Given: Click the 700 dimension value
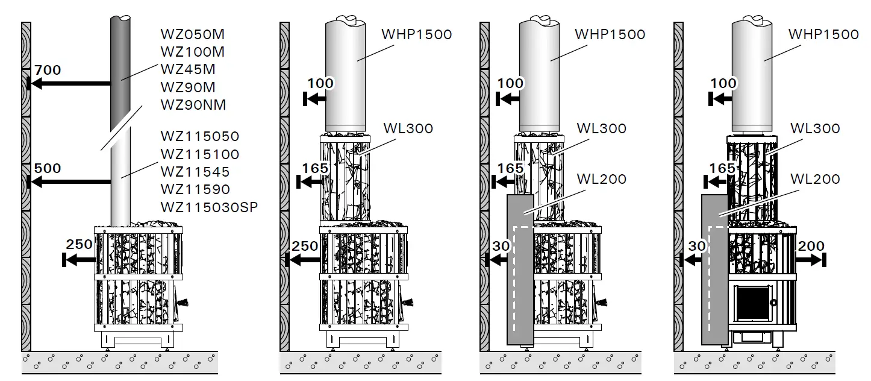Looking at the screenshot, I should tap(48, 70).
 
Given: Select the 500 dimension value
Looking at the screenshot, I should tap(48, 168).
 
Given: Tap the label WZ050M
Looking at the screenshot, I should tap(193, 34).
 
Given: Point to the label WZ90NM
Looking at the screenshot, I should tap(193, 105).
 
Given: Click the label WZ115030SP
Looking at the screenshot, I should tap(208, 207).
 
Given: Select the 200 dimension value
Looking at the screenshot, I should tap(810, 245).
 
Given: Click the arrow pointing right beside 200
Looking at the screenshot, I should tap(811, 260).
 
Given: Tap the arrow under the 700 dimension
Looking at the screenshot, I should tap(69, 84).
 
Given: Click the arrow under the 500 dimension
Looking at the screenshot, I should tap(69, 181).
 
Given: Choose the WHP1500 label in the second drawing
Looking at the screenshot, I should tap(416, 34).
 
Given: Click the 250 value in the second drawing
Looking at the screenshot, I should tap(305, 246).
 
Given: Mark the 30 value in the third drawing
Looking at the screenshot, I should tap(501, 246).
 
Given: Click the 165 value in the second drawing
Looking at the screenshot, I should tap(314, 168).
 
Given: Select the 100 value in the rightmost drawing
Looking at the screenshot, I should tap(723, 83).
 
